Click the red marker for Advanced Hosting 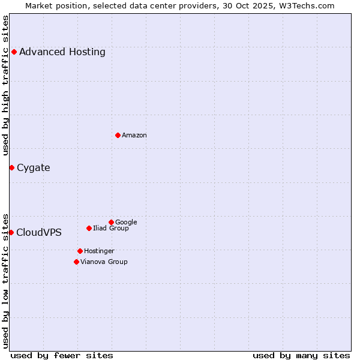pos(14,52)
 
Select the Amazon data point pos(118,135)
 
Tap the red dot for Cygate pos(11,167)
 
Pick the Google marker pos(111,222)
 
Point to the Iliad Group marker pos(89,228)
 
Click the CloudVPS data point pos(11,232)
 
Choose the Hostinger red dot pos(80,251)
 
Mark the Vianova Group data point pos(76,262)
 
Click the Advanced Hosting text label pos(62,52)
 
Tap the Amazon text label pos(134,136)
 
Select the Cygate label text pos(34,168)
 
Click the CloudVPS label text pos(39,233)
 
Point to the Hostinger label pos(99,251)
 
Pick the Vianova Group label pos(104,262)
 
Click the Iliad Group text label pos(111,229)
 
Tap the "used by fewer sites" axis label pos(62,355)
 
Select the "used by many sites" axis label pos(301,355)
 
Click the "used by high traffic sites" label pos(6,85)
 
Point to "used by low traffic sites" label pos(6,280)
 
